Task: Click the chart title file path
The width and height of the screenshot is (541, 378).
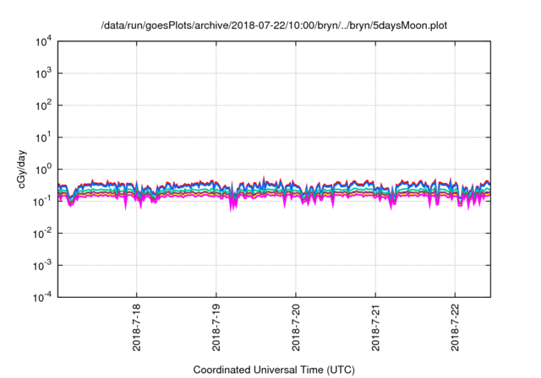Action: pyautogui.click(x=271, y=24)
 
